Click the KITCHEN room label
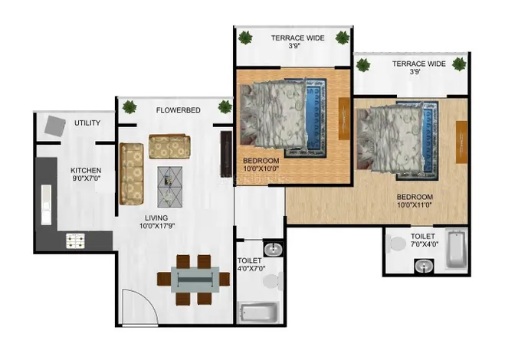[x=86, y=170]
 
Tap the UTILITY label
[x=87, y=123]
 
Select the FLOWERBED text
[x=178, y=110]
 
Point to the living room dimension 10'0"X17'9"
[x=157, y=226]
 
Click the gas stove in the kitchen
[x=75, y=241]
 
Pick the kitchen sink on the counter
[x=46, y=205]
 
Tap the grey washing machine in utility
[x=55, y=126]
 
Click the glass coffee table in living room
[x=169, y=187]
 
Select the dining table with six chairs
[x=193, y=280]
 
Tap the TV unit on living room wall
[x=226, y=154]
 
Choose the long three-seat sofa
[x=131, y=174]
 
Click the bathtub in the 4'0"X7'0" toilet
[x=258, y=312]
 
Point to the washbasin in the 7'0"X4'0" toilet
[x=424, y=267]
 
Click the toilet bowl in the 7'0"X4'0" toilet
[x=395, y=243]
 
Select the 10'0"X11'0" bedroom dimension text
[x=414, y=205]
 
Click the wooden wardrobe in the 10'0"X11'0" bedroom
[x=461, y=142]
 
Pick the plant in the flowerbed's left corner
[x=130, y=107]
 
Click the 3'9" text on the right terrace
[x=415, y=72]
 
